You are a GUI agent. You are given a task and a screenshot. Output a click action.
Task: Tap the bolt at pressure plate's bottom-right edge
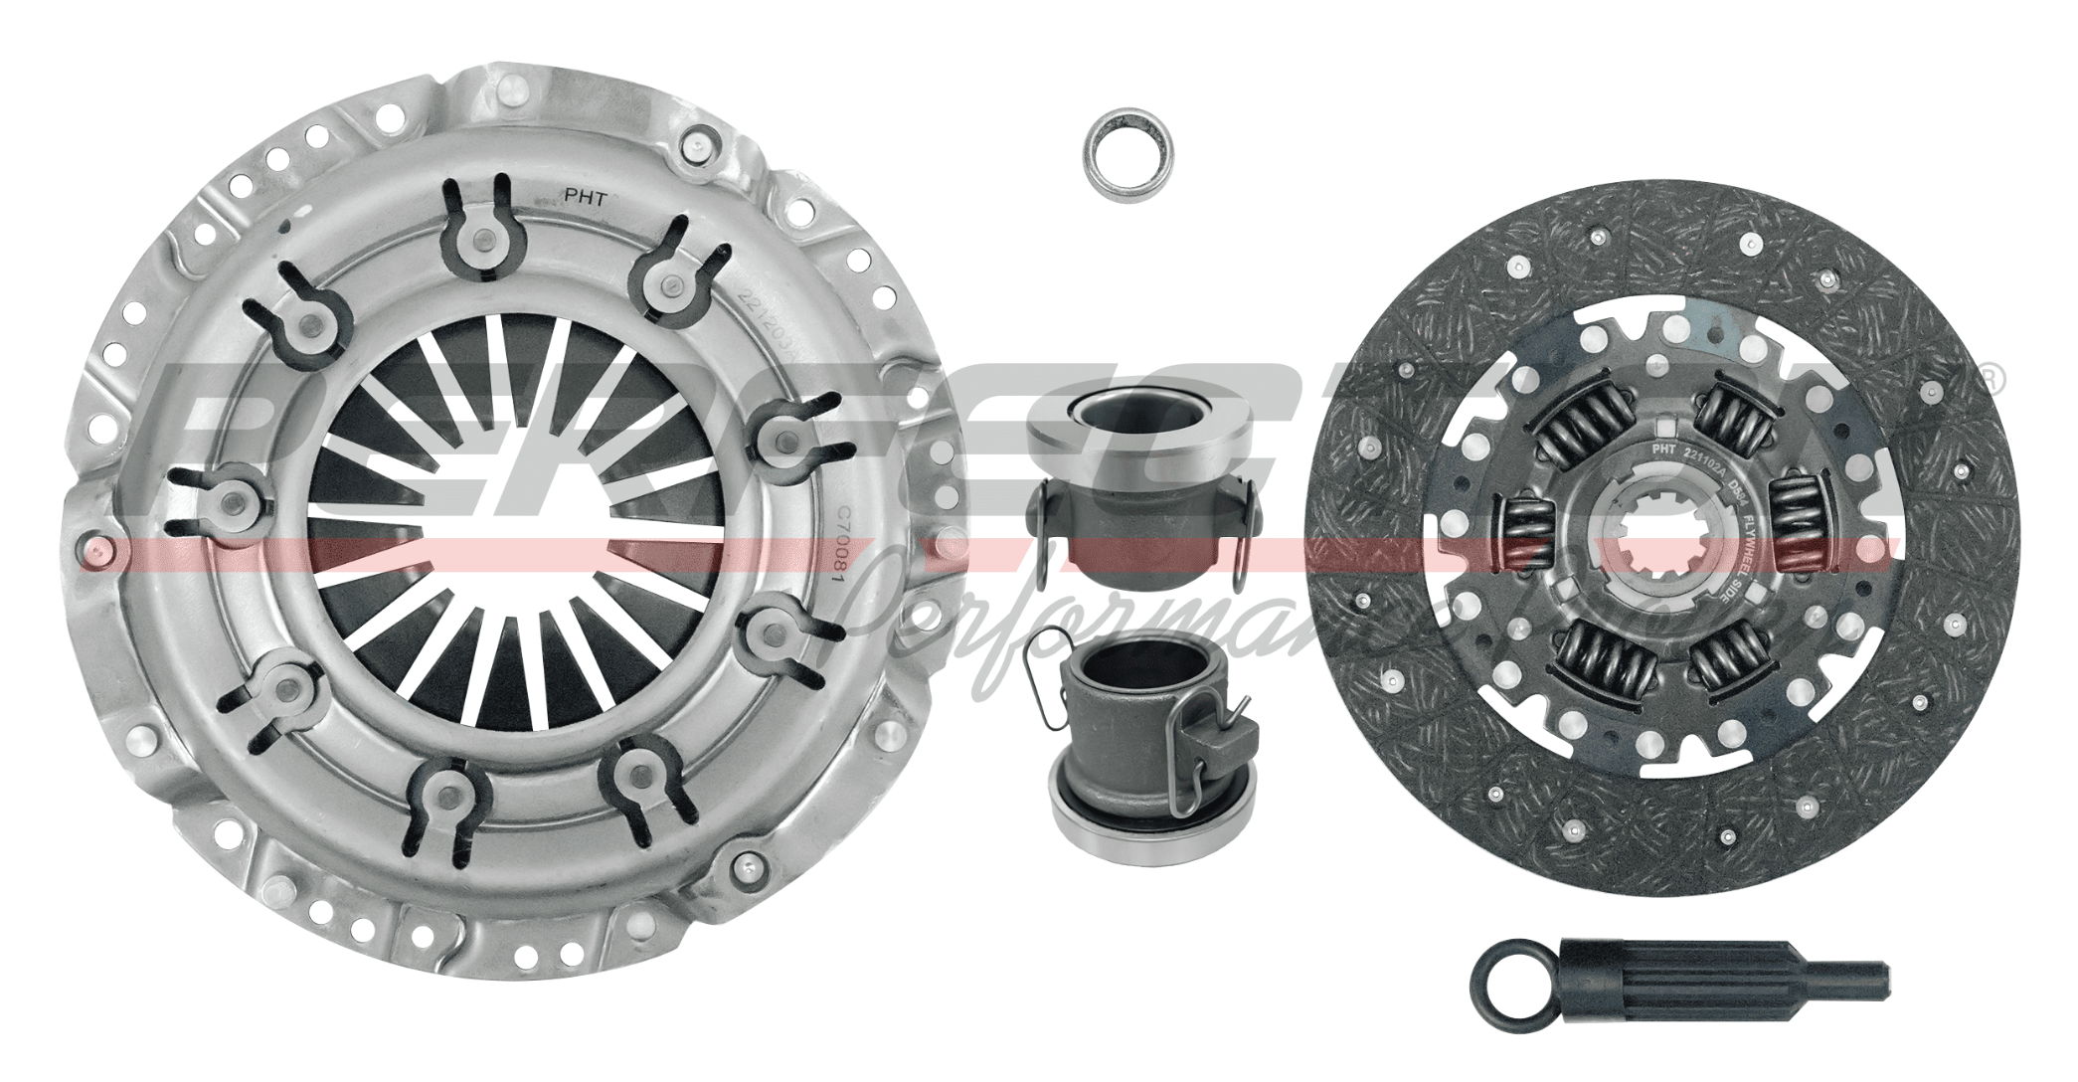tap(742, 867)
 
